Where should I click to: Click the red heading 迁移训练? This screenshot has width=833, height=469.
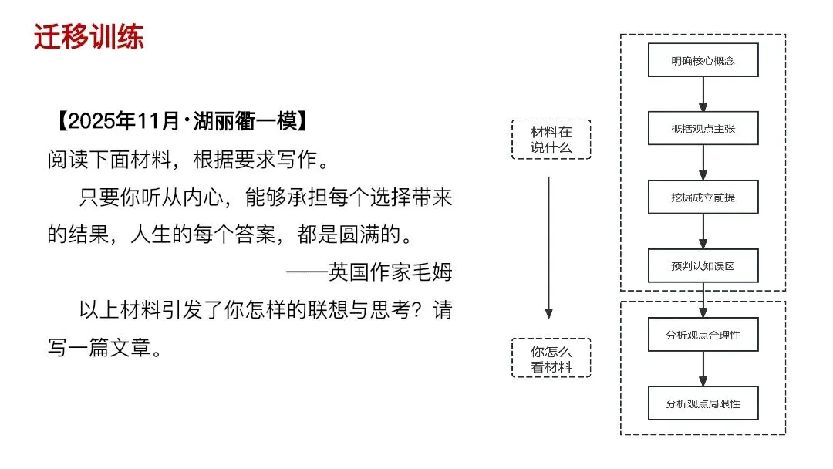[x=89, y=36]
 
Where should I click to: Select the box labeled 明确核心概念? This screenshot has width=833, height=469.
[x=703, y=60]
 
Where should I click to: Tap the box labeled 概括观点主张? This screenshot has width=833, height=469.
[x=703, y=128]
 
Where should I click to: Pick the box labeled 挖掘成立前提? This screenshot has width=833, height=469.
[x=703, y=197]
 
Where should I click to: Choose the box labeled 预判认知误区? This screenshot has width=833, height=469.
[x=703, y=265]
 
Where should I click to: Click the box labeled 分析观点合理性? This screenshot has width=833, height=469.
[x=703, y=334]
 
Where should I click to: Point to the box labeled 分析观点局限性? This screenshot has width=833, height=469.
[x=703, y=403]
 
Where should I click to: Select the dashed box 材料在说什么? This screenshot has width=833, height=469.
[x=551, y=140]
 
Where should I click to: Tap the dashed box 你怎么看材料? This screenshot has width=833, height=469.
[x=551, y=358]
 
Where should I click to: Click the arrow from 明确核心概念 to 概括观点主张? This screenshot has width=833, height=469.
[x=703, y=94]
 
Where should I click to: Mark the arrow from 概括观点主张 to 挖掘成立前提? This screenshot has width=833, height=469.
[x=703, y=162]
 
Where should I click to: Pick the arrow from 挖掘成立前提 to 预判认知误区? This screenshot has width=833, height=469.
[x=703, y=231]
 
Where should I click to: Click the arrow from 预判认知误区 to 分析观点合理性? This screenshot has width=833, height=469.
[x=703, y=299]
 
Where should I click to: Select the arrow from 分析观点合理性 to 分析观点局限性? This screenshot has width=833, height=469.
[x=703, y=369]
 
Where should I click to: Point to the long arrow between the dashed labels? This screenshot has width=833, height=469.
[x=548, y=247]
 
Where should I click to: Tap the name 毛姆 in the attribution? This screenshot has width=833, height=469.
[x=433, y=272]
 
